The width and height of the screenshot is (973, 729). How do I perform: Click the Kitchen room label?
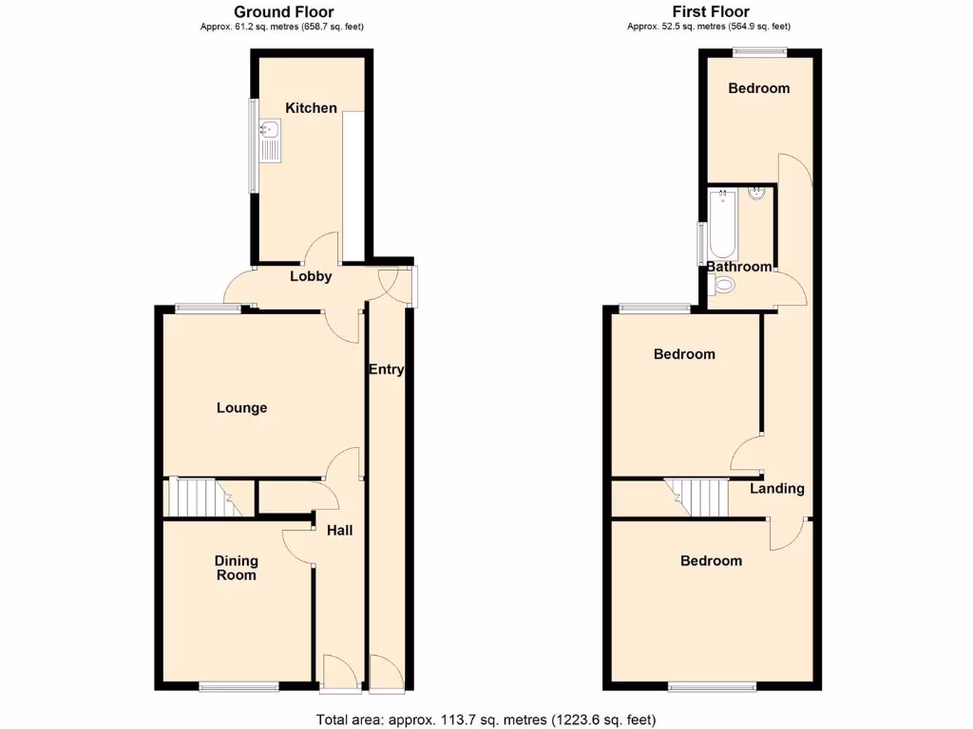click(x=312, y=108)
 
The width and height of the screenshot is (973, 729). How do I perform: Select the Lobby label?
click(x=311, y=277)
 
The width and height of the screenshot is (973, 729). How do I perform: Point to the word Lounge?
click(x=241, y=408)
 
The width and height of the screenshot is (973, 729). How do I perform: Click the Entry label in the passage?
click(x=386, y=369)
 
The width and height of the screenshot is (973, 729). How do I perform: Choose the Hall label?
click(x=339, y=530)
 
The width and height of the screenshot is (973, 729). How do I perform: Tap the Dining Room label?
click(x=236, y=568)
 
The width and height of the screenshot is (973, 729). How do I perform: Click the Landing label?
click(x=777, y=489)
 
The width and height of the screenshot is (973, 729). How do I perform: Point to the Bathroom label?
click(x=739, y=267)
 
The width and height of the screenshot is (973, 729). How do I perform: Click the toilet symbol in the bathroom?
click(x=725, y=286)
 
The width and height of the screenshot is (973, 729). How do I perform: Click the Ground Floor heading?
click(x=283, y=12)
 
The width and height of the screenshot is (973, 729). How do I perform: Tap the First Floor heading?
click(x=709, y=12)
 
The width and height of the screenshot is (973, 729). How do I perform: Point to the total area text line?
click(x=486, y=720)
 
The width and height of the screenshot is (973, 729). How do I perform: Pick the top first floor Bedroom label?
click(x=758, y=88)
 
